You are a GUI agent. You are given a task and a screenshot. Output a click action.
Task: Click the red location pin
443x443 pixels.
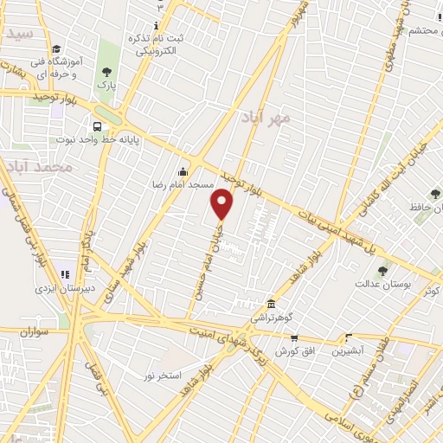[222, 204]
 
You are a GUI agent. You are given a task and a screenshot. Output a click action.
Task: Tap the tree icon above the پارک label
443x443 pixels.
[106, 73]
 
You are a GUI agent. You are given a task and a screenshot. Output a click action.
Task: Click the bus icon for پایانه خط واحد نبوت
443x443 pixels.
[97, 125]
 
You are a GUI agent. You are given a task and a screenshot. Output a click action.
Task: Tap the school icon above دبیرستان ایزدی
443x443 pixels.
[65, 274]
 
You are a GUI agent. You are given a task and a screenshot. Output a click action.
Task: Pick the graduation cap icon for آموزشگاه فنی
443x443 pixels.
[56, 49]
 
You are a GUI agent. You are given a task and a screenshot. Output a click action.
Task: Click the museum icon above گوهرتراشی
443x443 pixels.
[272, 304]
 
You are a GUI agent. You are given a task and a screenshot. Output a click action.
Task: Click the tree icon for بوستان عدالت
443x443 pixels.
[382, 273]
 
